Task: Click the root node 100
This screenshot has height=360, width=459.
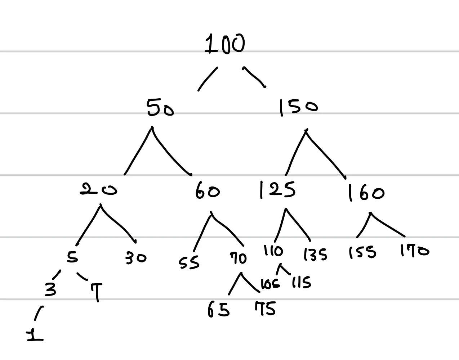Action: (x=225, y=44)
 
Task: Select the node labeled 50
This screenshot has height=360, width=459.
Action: (x=160, y=108)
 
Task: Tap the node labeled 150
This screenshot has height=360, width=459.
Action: (x=299, y=107)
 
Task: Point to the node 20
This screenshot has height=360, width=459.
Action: (x=98, y=190)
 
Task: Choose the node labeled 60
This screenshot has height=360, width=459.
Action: (x=207, y=191)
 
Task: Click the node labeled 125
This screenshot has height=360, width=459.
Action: (x=277, y=190)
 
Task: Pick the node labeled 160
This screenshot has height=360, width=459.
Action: (x=366, y=193)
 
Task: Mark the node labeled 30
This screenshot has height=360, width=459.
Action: (x=136, y=258)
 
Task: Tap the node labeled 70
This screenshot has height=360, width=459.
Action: (x=239, y=258)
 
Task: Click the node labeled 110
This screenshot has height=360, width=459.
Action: (x=273, y=251)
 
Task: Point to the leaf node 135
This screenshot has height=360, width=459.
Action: (x=315, y=255)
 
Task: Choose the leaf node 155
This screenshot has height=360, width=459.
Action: (x=362, y=252)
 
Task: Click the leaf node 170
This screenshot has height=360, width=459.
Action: (x=415, y=251)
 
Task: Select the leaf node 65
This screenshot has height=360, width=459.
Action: (x=218, y=309)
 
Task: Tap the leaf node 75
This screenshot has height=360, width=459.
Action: (x=265, y=309)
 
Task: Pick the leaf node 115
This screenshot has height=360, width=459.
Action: (x=301, y=283)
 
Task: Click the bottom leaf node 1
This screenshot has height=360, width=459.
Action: (x=35, y=336)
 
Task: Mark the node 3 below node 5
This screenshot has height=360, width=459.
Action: (x=50, y=289)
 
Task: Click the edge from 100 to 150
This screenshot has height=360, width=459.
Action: (x=254, y=77)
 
